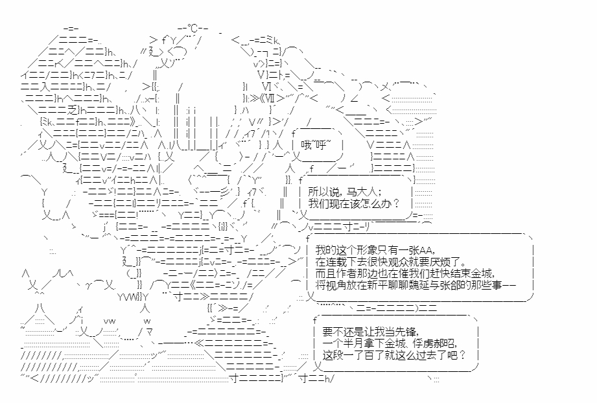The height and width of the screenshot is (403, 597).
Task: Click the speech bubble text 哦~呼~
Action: click(316, 145)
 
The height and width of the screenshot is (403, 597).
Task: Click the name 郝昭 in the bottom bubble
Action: click(443, 343)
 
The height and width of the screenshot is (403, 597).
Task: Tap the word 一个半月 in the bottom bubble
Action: click(345, 343)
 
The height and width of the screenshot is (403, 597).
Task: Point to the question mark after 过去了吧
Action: click(462, 355)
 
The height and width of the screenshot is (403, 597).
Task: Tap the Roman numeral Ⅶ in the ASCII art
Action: click(269, 98)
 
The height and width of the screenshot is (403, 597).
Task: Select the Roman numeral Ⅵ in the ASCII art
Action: click(267, 86)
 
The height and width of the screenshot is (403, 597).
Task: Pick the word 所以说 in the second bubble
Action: click(325, 191)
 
